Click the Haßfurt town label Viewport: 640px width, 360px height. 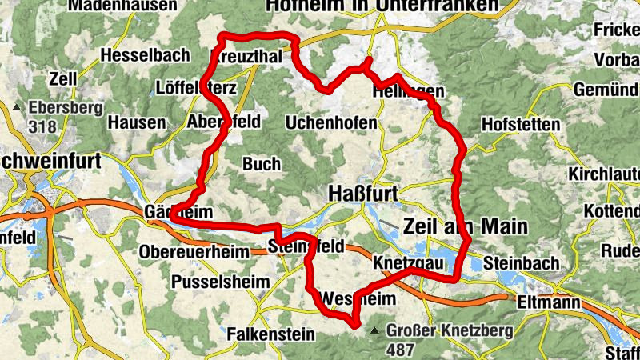coord(363,194)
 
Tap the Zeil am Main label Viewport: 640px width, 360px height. coord(465,226)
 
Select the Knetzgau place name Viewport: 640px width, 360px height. coord(407,262)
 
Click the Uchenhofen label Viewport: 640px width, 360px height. coord(331,123)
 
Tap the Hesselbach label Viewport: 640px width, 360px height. coord(146,55)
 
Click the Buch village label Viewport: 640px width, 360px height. coord(261,164)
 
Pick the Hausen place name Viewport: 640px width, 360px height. coord(137,123)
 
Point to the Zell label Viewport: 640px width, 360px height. coord(61,81)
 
